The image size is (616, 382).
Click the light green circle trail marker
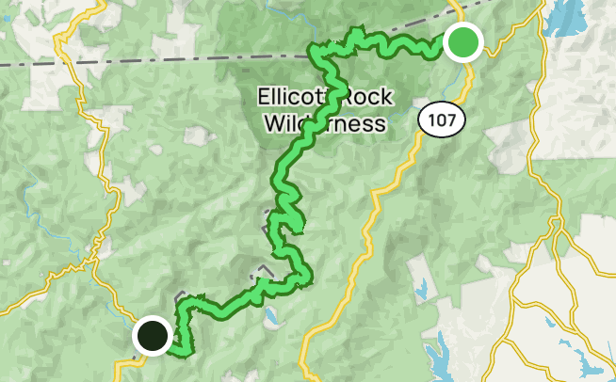click(462, 42)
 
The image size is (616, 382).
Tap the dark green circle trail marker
click(152, 335)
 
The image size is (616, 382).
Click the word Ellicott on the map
click(293, 96)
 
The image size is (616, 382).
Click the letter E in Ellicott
click(263, 96)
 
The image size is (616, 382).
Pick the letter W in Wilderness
click(273, 122)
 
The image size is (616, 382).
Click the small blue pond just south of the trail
click(271, 316)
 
